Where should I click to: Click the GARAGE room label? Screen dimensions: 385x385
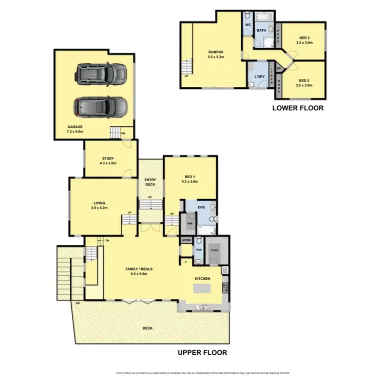click(74, 126)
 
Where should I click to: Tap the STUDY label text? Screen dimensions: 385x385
click(108, 158)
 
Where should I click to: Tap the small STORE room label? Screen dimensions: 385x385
click(186, 240)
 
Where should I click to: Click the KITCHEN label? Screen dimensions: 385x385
click(203, 278)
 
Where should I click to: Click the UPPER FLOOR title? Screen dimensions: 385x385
click(202, 353)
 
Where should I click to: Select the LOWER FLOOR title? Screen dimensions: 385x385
click(298, 108)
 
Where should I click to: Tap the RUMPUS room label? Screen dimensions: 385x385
click(216, 52)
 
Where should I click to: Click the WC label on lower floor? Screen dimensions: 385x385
click(247, 25)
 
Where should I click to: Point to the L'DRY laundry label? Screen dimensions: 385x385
click(258, 76)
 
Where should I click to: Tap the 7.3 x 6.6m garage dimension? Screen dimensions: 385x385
click(74, 131)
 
